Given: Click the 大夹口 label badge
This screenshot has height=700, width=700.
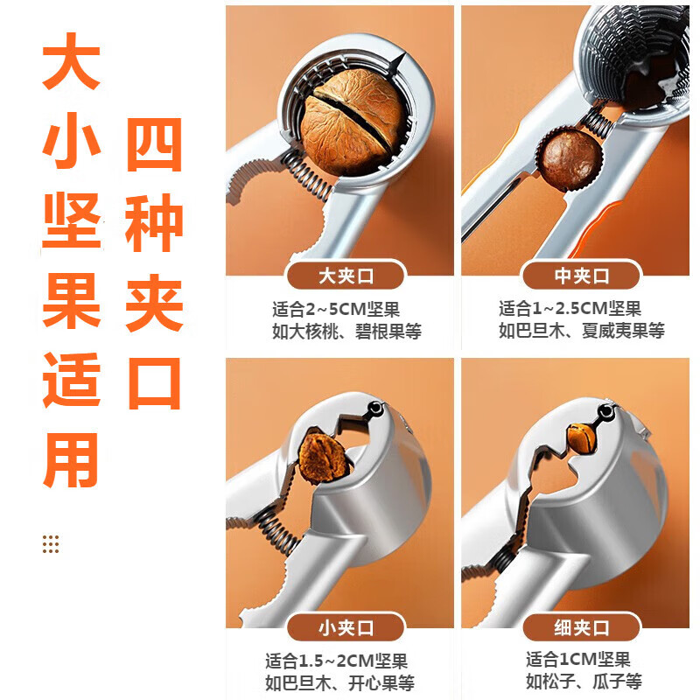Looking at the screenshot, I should click(x=346, y=276).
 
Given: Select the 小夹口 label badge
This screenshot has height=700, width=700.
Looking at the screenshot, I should click(x=346, y=627).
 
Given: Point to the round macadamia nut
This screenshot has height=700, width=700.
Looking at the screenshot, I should click(x=571, y=158).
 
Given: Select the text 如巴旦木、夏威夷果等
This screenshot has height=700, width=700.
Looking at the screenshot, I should click(x=582, y=331).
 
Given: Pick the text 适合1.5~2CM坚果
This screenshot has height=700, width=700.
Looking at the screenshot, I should click(x=337, y=661).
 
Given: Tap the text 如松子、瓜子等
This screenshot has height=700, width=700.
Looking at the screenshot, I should click(x=584, y=682).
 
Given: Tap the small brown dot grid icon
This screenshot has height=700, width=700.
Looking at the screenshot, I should click(x=51, y=543).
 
